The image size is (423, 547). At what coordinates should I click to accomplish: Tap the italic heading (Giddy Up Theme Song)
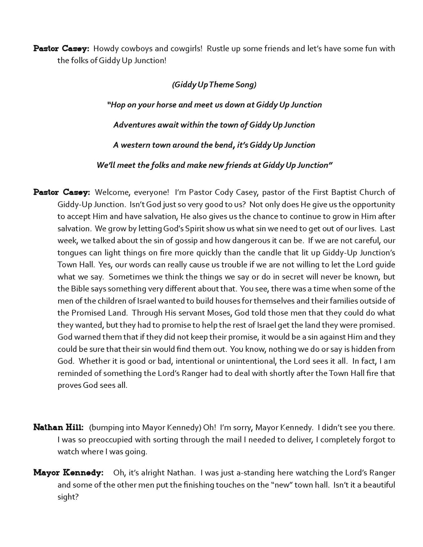click(x=214, y=85)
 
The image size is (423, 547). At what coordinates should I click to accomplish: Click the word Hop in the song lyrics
click(x=118, y=105)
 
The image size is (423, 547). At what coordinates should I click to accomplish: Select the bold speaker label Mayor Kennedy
click(x=68, y=473)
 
